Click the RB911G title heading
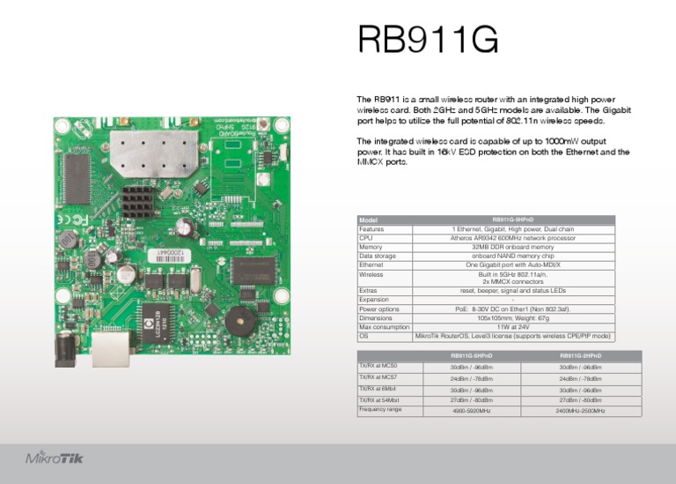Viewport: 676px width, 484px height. pyautogui.click(x=428, y=40)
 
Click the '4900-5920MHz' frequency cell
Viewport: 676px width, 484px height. pyautogui.click(x=471, y=411)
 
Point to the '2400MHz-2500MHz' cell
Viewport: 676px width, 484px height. pyautogui.click(x=568, y=411)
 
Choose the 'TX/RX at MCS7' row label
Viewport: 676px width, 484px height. pyautogui.click(x=378, y=377)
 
